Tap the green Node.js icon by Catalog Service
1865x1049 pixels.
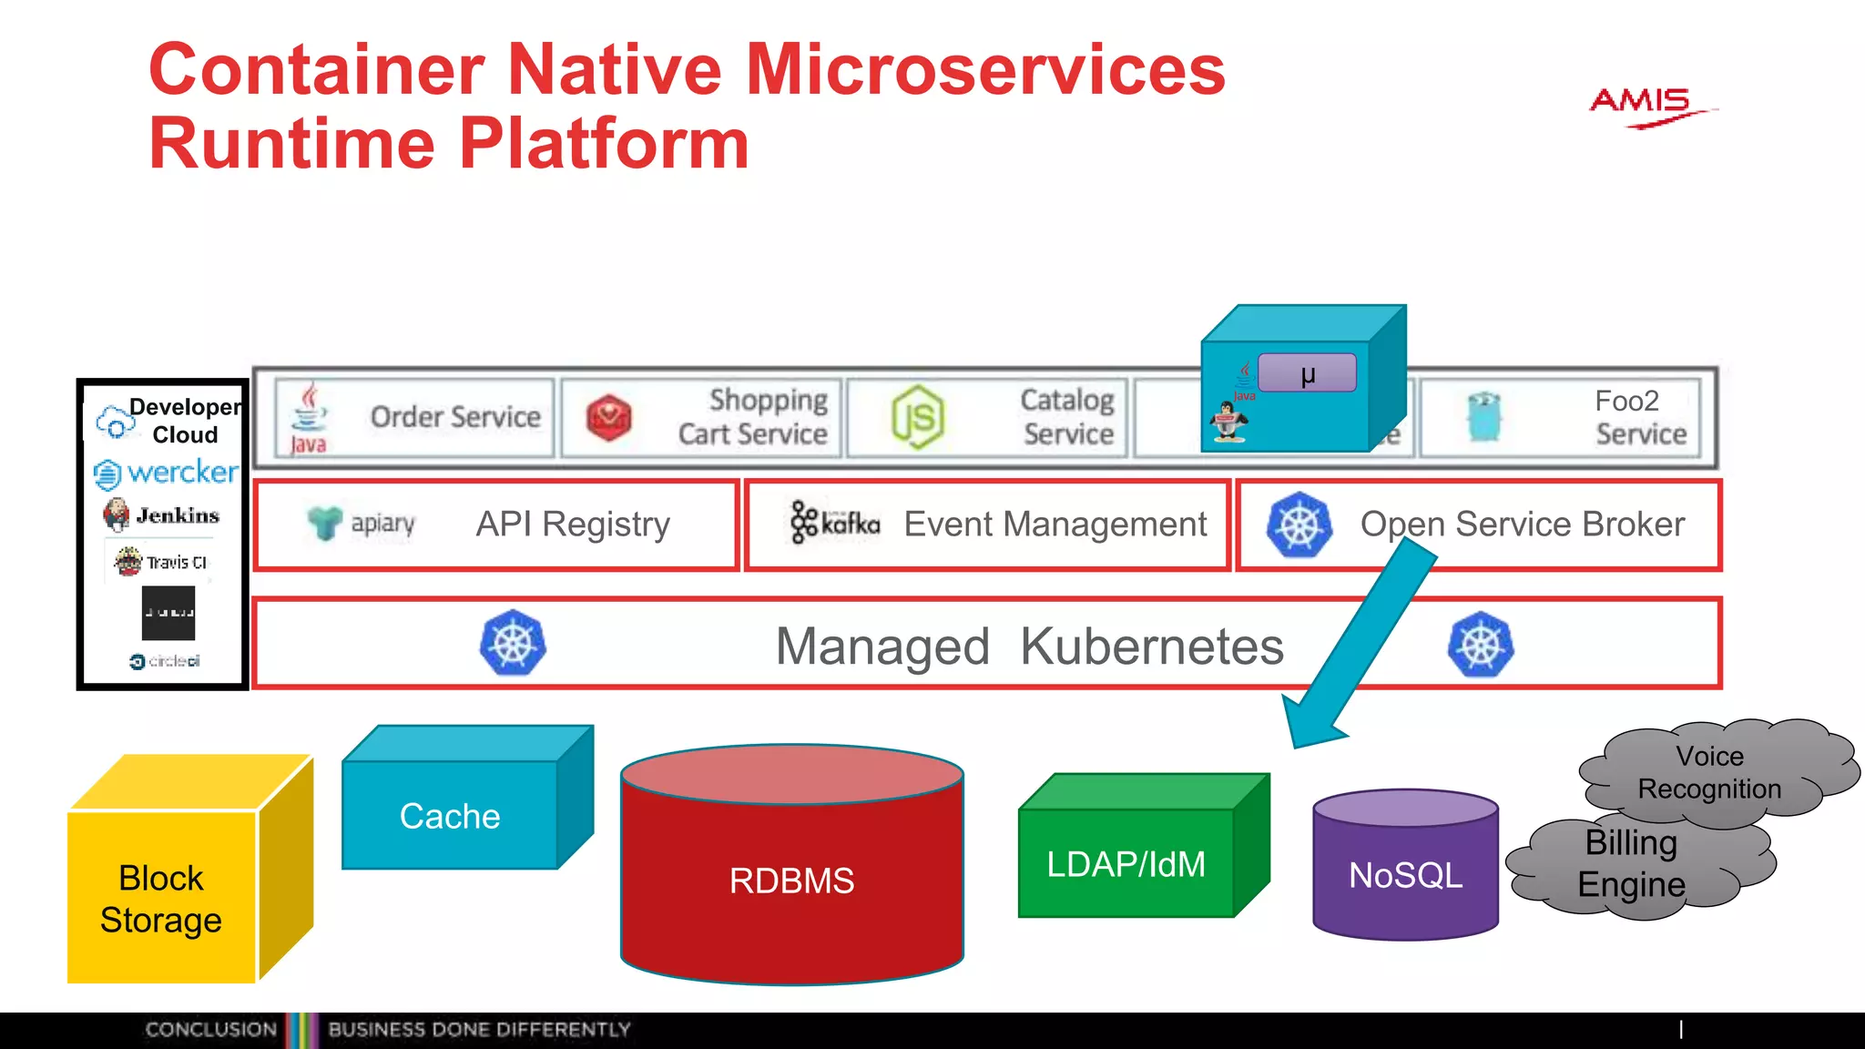click(917, 417)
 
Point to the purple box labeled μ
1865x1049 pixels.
click(1307, 373)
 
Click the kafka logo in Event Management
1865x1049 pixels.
click(834, 523)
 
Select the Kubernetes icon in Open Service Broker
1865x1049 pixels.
click(1299, 525)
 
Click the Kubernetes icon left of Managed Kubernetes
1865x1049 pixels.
click(513, 644)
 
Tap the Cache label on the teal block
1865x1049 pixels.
click(450, 816)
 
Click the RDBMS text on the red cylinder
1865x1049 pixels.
click(791, 881)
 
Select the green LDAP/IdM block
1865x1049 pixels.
click(1126, 863)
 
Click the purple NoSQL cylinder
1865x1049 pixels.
click(1405, 874)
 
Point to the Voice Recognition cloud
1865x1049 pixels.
click(1709, 772)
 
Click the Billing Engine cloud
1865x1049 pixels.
click(1631, 863)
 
